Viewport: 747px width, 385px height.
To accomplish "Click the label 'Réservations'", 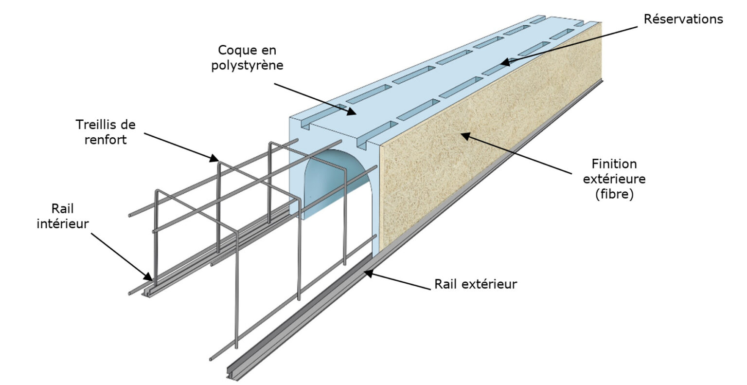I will pos(683,19).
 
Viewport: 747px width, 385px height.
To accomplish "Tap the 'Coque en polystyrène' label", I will pos(247,57).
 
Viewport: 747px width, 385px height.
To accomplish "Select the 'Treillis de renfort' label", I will pos(106,132).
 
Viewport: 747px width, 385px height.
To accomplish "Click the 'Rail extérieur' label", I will pos(475,284).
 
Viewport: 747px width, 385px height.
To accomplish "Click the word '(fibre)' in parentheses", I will pos(614,196).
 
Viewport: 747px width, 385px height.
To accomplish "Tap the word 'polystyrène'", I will pos(247,65).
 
